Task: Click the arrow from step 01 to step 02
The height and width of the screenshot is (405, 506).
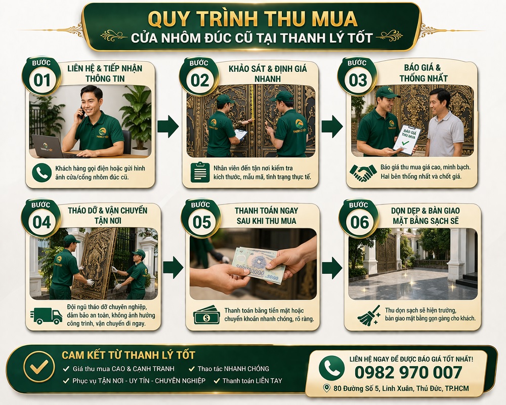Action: pyautogui.click(x=167, y=126)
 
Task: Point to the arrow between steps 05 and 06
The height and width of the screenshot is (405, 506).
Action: pyautogui.click(x=332, y=267)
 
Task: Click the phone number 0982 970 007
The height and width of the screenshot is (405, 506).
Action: pyautogui.click(x=408, y=372)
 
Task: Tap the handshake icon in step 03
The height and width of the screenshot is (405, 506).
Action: pyautogui.click(x=362, y=173)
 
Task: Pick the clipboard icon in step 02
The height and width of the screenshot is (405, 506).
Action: pyautogui.click(x=200, y=172)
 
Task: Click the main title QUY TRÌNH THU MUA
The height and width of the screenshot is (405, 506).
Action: pyautogui.click(x=252, y=19)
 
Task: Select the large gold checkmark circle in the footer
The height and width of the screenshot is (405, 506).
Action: pyautogui.click(x=39, y=367)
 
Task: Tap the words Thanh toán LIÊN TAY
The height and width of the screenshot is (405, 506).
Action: pyautogui.click(x=252, y=381)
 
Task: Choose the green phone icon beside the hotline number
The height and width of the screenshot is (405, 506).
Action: pyautogui.click(x=331, y=368)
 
